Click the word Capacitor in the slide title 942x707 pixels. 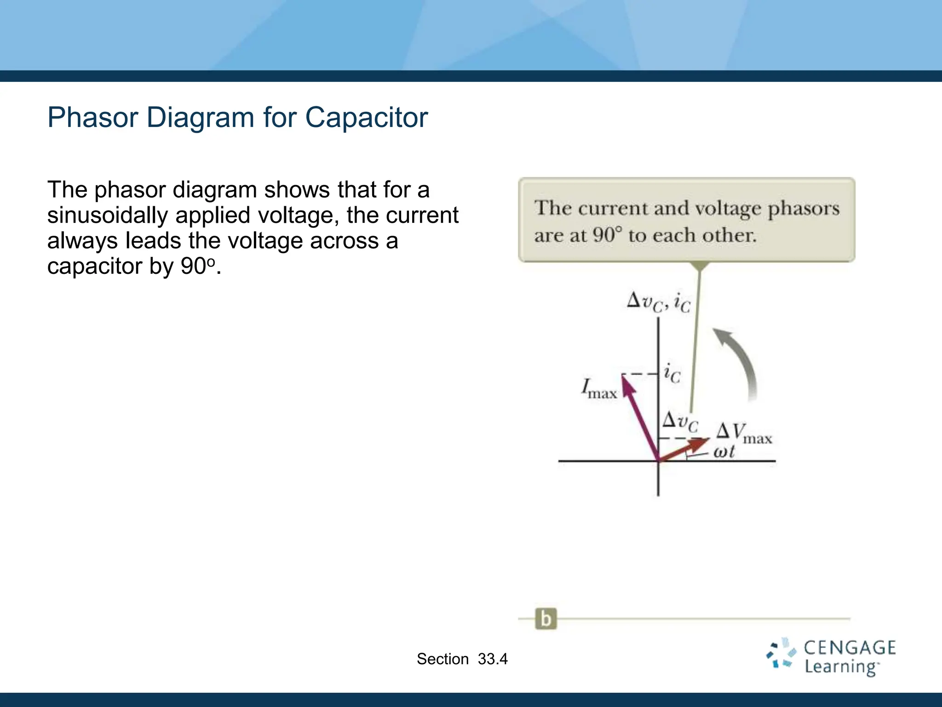pos(366,118)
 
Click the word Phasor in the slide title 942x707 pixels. pos(93,118)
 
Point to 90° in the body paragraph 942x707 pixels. pos(197,266)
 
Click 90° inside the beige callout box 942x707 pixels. pos(607,235)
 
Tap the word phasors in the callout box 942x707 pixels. pos(804,209)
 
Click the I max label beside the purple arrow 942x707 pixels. pos(598,389)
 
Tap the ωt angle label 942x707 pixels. pos(724,452)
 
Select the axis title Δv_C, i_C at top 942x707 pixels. pos(658,302)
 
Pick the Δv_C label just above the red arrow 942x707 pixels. pos(680,422)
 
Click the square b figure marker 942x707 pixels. pos(546,619)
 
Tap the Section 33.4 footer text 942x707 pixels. pos(462,659)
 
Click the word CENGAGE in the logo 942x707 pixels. pos(850,648)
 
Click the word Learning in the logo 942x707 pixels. pos(841,667)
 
